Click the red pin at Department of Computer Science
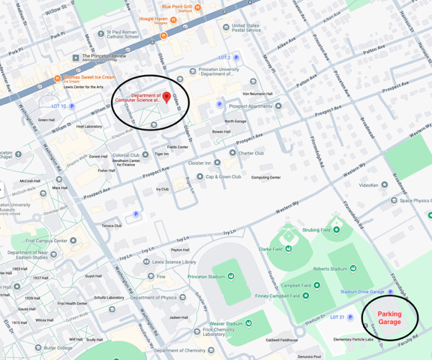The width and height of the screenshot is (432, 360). coord(166,98)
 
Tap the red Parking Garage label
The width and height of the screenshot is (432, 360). coord(389,317)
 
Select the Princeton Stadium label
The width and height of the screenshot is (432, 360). coord(206,276)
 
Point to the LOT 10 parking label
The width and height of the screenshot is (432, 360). coord(59,106)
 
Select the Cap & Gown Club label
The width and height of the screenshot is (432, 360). coord(223,177)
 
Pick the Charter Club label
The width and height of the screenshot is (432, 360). coord(251,153)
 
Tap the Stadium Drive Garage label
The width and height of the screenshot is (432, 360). coord(362,292)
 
